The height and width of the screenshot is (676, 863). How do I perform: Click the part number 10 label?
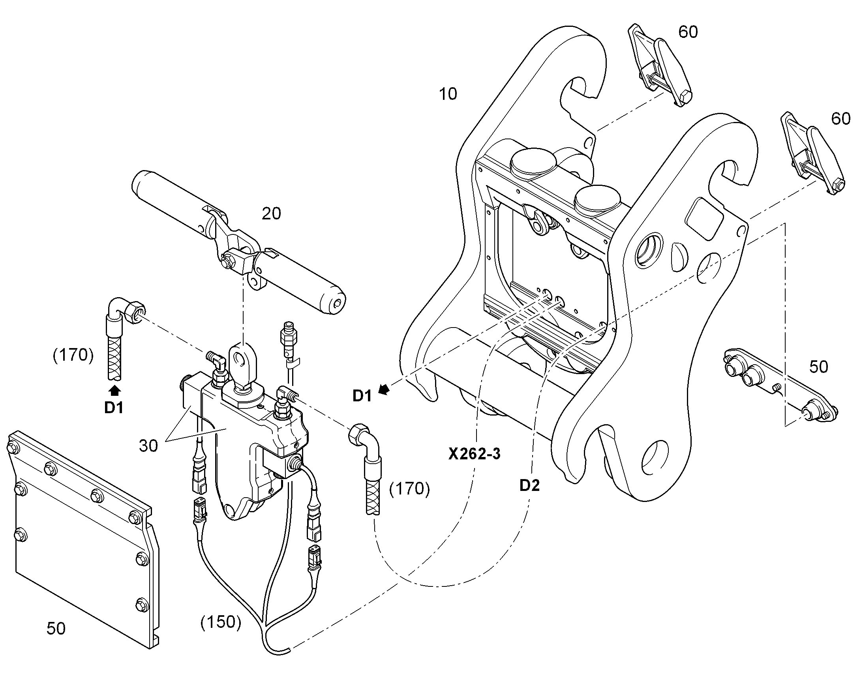(x=448, y=94)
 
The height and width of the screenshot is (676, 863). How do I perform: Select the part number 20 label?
(x=272, y=214)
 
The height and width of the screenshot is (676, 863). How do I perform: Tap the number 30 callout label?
(x=148, y=446)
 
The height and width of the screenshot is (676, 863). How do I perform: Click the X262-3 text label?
(x=474, y=453)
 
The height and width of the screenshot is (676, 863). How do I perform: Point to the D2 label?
(x=530, y=485)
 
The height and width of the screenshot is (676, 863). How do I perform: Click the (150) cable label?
(x=221, y=622)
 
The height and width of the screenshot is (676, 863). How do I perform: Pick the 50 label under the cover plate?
(x=56, y=628)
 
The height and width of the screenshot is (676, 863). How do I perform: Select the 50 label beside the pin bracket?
(x=819, y=367)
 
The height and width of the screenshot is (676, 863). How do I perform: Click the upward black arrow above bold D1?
(x=115, y=391)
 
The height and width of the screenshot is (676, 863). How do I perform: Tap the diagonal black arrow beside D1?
(x=384, y=390)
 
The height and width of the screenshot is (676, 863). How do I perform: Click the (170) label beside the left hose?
(x=73, y=356)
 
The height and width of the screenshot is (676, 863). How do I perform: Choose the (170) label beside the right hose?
(x=409, y=489)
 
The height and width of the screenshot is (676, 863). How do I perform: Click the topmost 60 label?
(x=688, y=32)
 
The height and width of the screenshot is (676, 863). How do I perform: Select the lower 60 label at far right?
(x=841, y=119)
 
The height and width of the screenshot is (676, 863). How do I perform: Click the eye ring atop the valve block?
(x=241, y=360)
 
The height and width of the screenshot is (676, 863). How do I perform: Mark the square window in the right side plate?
(x=706, y=218)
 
